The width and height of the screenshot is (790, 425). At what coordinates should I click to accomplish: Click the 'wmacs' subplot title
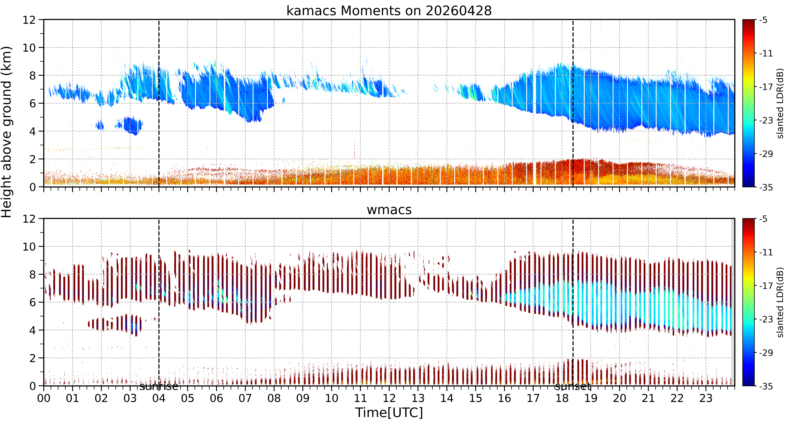tap(389, 210)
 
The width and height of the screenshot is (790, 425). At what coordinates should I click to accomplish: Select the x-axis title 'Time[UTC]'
tap(389, 412)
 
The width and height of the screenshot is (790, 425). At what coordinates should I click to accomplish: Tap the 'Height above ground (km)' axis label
tap(7, 132)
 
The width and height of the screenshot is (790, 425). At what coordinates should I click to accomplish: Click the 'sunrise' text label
tap(159, 386)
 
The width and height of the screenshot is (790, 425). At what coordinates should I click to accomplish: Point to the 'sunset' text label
tap(573, 386)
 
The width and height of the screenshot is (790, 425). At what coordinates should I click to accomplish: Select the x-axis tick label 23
tap(706, 398)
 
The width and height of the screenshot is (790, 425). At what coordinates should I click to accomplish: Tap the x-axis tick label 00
tap(44, 398)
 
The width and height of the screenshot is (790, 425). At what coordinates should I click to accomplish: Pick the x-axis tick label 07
tap(245, 398)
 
